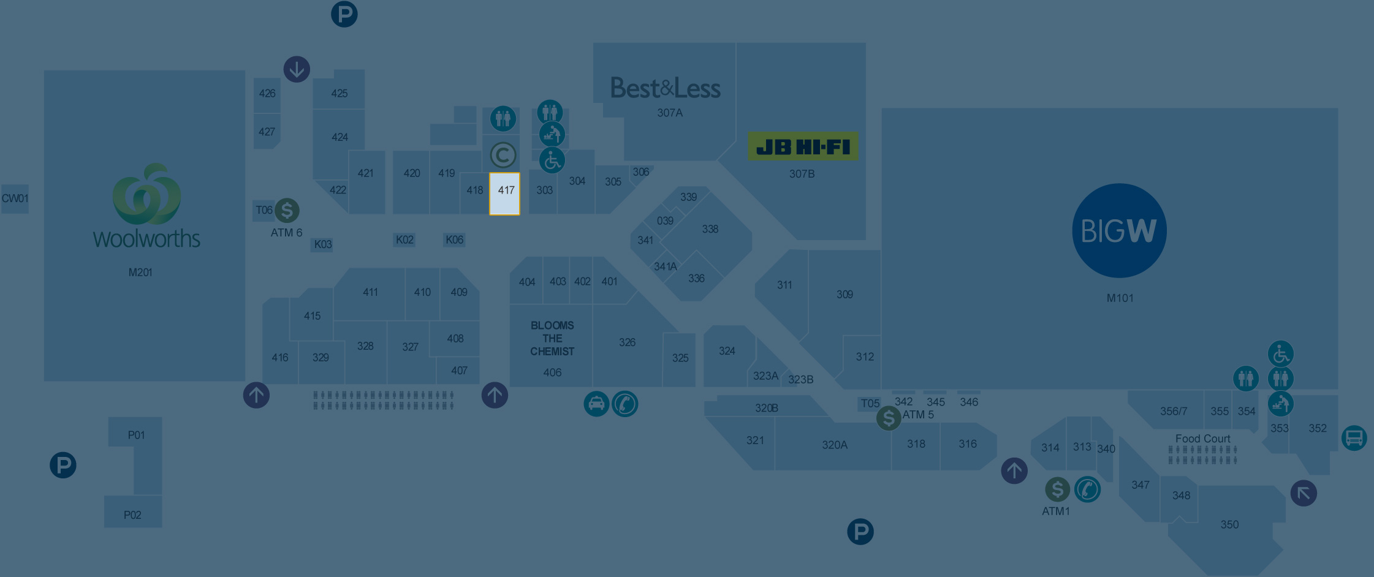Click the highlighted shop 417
click(x=505, y=194)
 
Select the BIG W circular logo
click(x=1119, y=231)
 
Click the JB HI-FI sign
click(x=803, y=147)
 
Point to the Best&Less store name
click(x=666, y=89)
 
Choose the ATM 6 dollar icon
click(x=287, y=211)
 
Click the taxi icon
click(x=596, y=404)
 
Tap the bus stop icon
click(x=1354, y=439)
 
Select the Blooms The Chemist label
click(x=552, y=338)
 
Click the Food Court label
click(x=1202, y=439)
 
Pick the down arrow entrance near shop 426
click(x=297, y=69)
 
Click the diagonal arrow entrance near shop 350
click(x=1304, y=493)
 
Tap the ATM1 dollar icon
click(x=1057, y=489)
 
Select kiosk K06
click(x=454, y=239)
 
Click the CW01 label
click(x=15, y=198)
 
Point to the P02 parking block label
click(x=132, y=515)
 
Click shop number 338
click(x=710, y=229)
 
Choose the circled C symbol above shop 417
click(x=503, y=156)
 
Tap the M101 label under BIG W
click(x=1120, y=298)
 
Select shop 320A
click(x=835, y=445)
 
